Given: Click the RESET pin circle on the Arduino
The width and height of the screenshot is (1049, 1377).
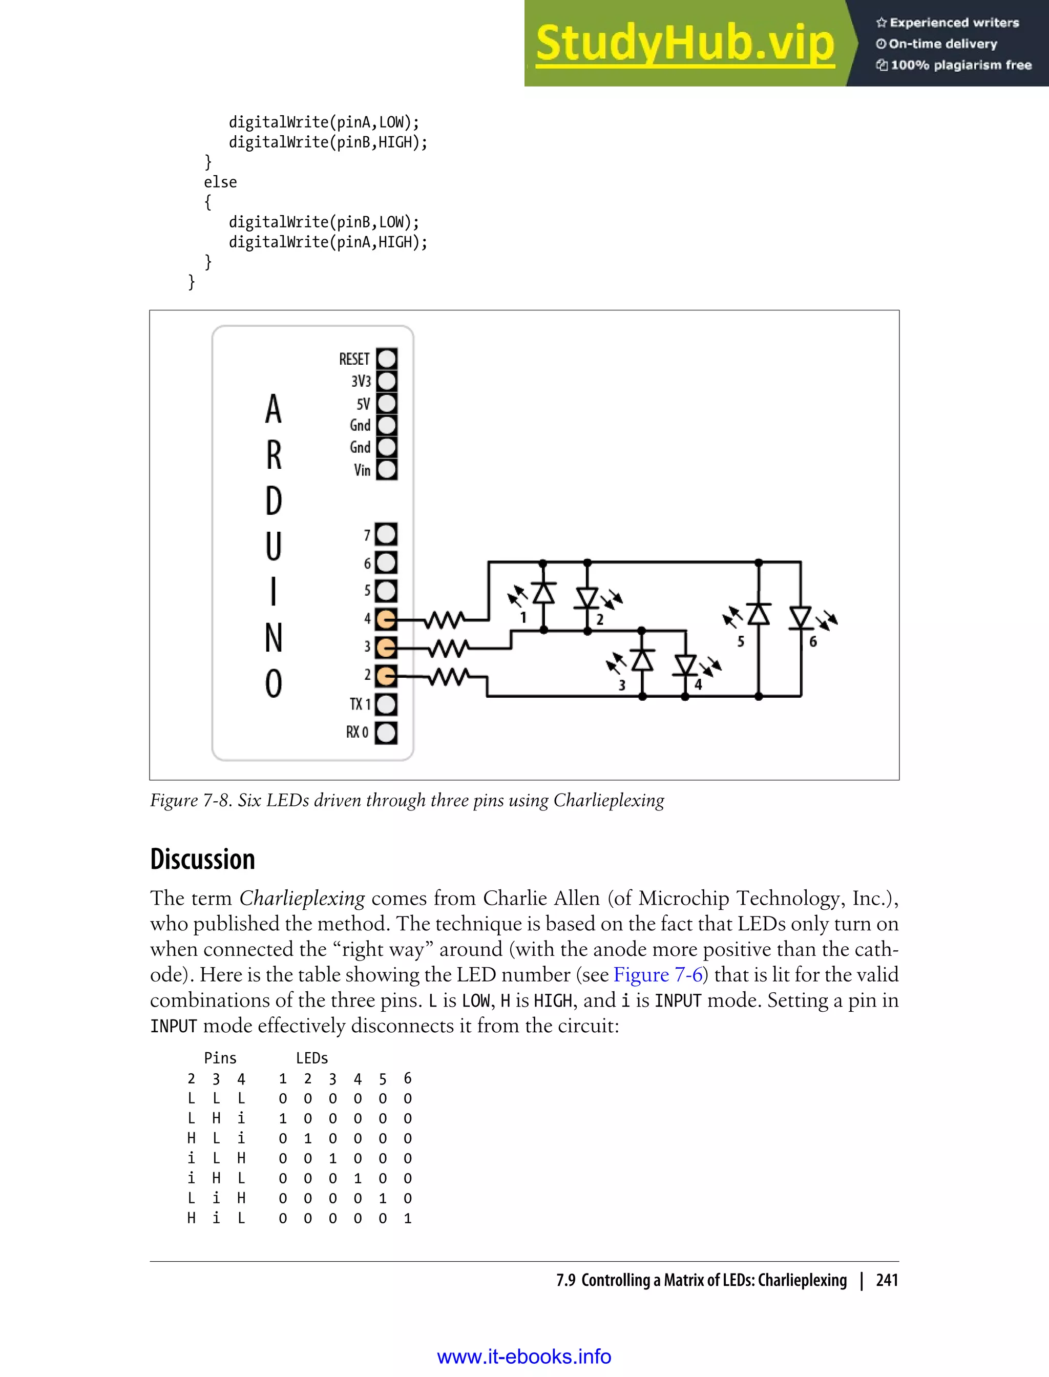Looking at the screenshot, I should pyautogui.click(x=387, y=359).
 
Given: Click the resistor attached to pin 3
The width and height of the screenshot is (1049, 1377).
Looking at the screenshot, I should pyautogui.click(x=448, y=648).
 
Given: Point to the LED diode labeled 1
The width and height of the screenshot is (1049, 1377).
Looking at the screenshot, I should pyautogui.click(x=543, y=592).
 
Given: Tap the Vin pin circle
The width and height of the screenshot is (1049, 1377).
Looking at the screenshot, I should pyautogui.click(x=387, y=470).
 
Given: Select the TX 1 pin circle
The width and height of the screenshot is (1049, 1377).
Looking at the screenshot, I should pyautogui.click(x=386, y=704).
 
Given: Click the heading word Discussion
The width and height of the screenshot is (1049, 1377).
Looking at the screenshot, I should pyautogui.click(x=202, y=859).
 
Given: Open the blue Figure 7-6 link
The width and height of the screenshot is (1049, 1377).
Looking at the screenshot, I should pyautogui.click(x=658, y=975).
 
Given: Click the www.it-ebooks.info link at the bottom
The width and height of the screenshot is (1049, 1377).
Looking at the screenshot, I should pyautogui.click(x=524, y=1357).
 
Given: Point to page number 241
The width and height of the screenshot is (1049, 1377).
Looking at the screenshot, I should pyautogui.click(x=887, y=1280).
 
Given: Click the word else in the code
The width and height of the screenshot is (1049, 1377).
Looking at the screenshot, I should pyautogui.click(x=220, y=182).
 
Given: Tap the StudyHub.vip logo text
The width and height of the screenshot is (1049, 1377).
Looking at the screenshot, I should pyautogui.click(x=685, y=43).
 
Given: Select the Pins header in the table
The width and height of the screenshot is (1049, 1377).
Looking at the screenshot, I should pyautogui.click(x=220, y=1058).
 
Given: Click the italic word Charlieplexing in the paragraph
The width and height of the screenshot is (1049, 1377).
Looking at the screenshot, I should pyautogui.click(x=302, y=899).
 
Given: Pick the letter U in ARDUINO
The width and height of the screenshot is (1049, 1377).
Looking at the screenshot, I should pyautogui.click(x=274, y=547).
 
